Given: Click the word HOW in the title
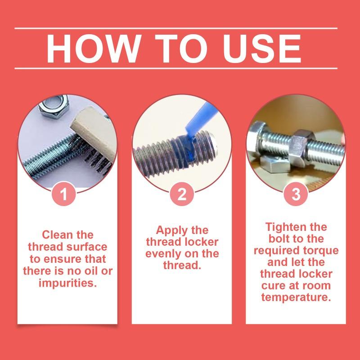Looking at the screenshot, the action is (94, 49).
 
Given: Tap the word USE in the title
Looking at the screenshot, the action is (262, 49).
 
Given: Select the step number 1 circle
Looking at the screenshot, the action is (63, 194).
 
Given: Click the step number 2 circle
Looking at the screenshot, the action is (182, 194).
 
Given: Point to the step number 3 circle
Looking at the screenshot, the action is (296, 194).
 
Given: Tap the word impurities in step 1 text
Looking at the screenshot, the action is (67, 283).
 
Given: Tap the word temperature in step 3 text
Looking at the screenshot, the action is (296, 297).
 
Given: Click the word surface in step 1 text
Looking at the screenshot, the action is (87, 247).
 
